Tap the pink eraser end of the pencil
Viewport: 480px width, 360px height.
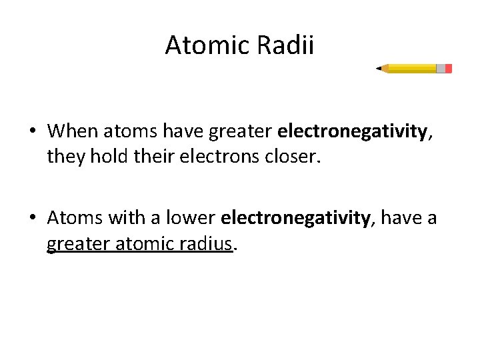449,69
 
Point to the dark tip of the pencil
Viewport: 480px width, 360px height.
378,68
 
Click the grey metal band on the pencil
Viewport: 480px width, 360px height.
441,69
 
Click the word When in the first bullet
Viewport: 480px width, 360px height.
70,131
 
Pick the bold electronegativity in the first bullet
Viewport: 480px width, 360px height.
352,131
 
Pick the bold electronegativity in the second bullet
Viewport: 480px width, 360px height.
295,217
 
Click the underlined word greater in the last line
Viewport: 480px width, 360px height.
74,244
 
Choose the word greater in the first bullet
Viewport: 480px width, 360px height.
241,131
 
